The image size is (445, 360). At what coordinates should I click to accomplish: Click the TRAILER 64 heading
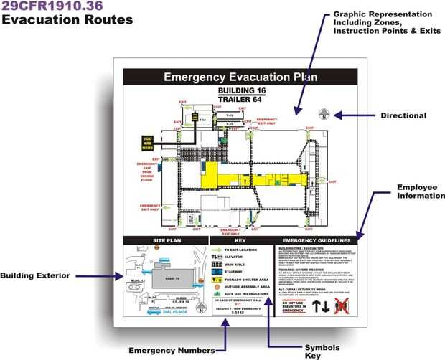point(238,100)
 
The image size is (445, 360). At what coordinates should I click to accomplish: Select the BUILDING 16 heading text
point(238,91)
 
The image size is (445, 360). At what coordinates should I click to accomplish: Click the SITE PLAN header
point(166,240)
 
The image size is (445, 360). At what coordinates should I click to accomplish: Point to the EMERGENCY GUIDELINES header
point(316,240)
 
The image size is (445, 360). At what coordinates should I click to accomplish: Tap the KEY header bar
point(240,240)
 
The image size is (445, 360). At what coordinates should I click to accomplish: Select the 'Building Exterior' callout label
point(34,275)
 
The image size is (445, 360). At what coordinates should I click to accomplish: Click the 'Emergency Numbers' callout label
point(171,350)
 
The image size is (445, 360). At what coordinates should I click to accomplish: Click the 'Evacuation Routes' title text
point(67,19)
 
